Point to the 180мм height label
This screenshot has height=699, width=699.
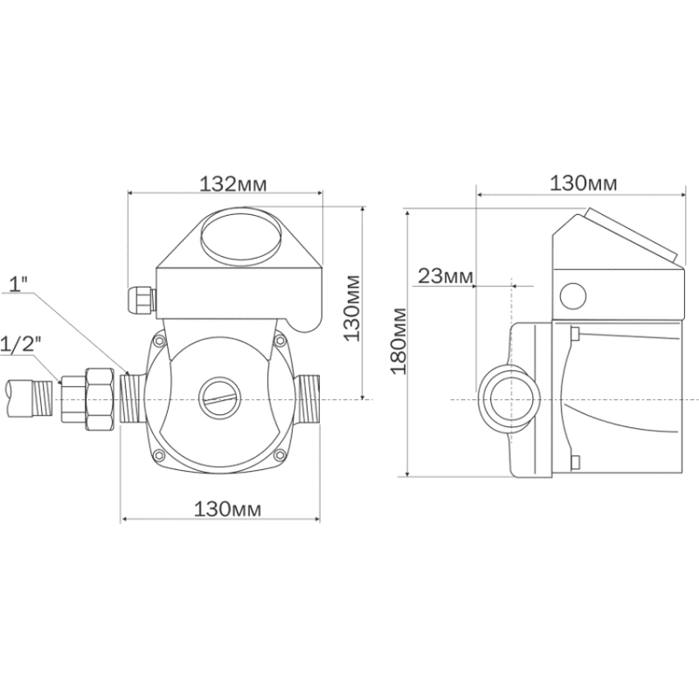pyautogui.click(x=398, y=342)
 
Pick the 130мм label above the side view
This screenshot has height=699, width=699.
pyautogui.click(x=583, y=183)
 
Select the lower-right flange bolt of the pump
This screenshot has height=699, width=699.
pyautogui.click(x=278, y=455)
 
